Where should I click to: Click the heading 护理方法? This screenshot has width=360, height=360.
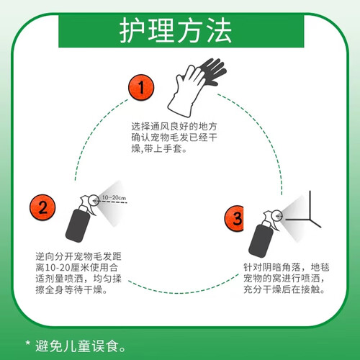point(176,31)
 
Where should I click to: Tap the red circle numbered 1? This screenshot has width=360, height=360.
point(141,87)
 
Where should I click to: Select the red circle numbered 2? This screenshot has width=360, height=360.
point(42,207)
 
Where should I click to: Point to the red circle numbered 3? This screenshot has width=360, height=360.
point(234,218)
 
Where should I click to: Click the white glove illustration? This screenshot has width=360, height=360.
point(185,91)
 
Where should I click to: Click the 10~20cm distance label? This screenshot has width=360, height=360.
point(114,197)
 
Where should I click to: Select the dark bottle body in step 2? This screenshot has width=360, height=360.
point(78,225)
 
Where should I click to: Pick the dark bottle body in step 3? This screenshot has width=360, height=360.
point(261,241)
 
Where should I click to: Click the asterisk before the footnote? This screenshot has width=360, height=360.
point(28,343)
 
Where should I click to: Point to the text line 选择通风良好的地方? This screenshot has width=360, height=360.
point(174,126)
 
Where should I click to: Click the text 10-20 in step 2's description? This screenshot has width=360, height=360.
point(58,268)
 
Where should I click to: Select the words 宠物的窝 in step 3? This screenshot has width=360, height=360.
point(262,279)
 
